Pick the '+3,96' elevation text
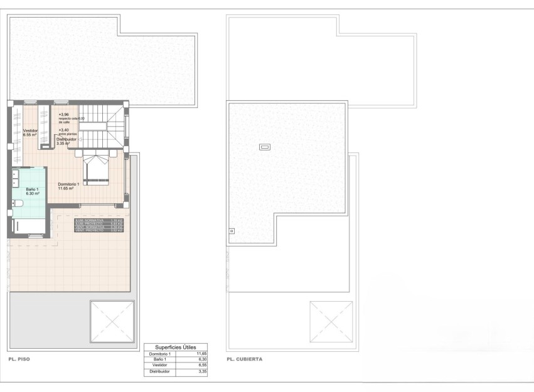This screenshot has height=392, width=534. [63, 115]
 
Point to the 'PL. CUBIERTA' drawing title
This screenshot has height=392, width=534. [245, 359]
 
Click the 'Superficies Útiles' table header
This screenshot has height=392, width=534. [176, 347]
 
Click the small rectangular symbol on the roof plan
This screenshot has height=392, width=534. [265, 147]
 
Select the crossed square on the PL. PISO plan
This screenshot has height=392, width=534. [112, 321]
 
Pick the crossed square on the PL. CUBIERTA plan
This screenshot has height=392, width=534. [331, 321]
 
